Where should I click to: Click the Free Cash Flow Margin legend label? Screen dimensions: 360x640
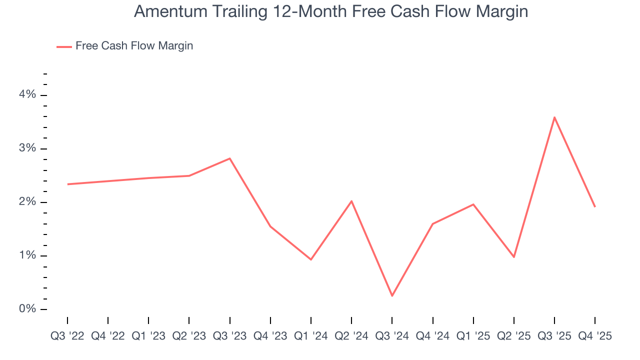[x=134, y=46]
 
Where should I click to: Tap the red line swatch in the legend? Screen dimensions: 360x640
[x=64, y=46]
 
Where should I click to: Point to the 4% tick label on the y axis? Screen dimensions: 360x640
[x=27, y=95]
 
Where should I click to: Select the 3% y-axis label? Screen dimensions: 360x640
[x=27, y=148]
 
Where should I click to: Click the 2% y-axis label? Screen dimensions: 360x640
[x=27, y=202]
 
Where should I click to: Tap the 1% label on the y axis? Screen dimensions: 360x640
[x=27, y=255]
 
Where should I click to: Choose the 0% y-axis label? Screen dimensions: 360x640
[x=27, y=309]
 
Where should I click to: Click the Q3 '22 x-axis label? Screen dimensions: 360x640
[x=67, y=336]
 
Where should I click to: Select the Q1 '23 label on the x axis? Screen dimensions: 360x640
[x=148, y=336]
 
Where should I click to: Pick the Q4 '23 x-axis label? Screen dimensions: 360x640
[x=270, y=336]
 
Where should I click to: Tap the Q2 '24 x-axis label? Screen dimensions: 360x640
[x=351, y=336]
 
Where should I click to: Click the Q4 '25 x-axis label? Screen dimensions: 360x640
[x=594, y=336]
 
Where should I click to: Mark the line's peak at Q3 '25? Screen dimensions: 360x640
[x=554, y=117]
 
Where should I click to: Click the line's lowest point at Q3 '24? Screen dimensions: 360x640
[x=392, y=295]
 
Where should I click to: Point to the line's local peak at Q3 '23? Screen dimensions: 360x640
[x=230, y=158]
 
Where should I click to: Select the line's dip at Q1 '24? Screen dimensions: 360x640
[x=311, y=259]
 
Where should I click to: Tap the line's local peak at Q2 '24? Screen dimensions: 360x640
[x=351, y=201]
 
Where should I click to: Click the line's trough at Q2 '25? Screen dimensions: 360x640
[x=513, y=257]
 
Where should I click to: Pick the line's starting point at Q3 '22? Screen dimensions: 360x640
[x=68, y=184]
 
